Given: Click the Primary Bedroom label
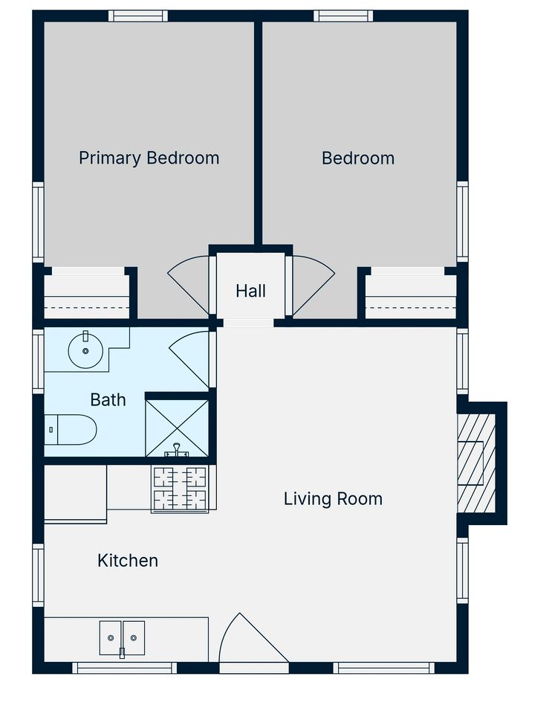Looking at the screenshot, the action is pyautogui.click(x=149, y=158).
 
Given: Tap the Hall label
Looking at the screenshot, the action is pyautogui.click(x=250, y=291).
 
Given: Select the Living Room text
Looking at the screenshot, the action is pyautogui.click(x=333, y=498).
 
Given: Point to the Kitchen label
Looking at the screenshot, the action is pyautogui.click(x=128, y=561).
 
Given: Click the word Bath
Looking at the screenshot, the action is pyautogui.click(x=108, y=400).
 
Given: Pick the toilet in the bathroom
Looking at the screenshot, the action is pyautogui.click(x=71, y=429).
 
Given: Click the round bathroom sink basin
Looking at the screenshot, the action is pyautogui.click(x=85, y=350).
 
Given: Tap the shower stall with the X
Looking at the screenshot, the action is pyautogui.click(x=176, y=428).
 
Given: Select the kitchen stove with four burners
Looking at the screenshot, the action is pyautogui.click(x=180, y=489).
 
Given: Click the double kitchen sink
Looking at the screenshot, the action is pyautogui.click(x=122, y=637).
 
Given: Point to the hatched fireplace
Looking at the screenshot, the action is pyautogui.click(x=475, y=463).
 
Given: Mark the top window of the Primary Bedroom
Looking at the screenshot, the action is pyautogui.click(x=138, y=16).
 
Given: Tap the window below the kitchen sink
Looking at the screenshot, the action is pyautogui.click(x=125, y=668).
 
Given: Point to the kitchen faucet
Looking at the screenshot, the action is pyautogui.click(x=122, y=653).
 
